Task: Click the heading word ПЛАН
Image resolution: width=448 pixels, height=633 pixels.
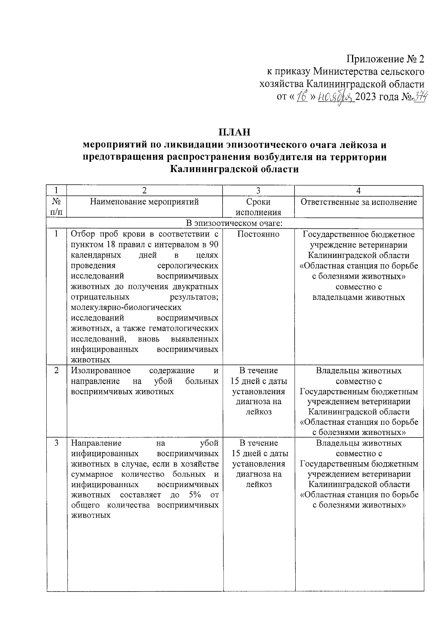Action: pyautogui.click(x=234, y=132)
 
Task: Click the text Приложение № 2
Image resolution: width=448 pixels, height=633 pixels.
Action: pyautogui.click(x=386, y=59)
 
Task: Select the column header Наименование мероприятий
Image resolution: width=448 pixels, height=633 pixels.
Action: pyautogui.click(x=144, y=202)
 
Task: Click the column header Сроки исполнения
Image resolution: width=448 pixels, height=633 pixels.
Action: pyautogui.click(x=258, y=207)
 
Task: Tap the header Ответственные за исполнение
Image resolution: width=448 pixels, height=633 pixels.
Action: pyautogui.click(x=358, y=202)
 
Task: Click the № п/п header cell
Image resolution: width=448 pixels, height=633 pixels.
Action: pyautogui.click(x=56, y=207)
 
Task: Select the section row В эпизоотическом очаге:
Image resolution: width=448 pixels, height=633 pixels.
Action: pyautogui.click(x=234, y=224)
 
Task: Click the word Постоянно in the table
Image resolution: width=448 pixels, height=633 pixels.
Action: pyautogui.click(x=258, y=234)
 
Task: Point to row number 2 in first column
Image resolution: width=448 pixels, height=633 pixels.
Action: pyautogui.click(x=56, y=371)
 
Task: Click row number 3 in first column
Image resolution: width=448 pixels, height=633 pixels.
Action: pyautogui.click(x=56, y=443)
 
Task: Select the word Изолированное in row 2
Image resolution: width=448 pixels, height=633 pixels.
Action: pyautogui.click(x=101, y=371)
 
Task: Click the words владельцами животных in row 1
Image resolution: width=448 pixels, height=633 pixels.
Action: pyautogui.click(x=358, y=297)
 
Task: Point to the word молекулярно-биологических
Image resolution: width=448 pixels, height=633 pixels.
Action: pyautogui.click(x=126, y=308)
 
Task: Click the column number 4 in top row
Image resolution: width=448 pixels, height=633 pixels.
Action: pyautogui.click(x=358, y=190)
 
